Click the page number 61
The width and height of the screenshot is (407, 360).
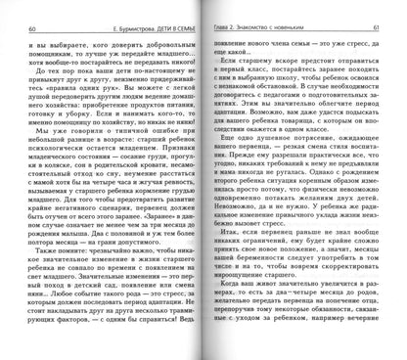pyautogui.click(x=384, y=9)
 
